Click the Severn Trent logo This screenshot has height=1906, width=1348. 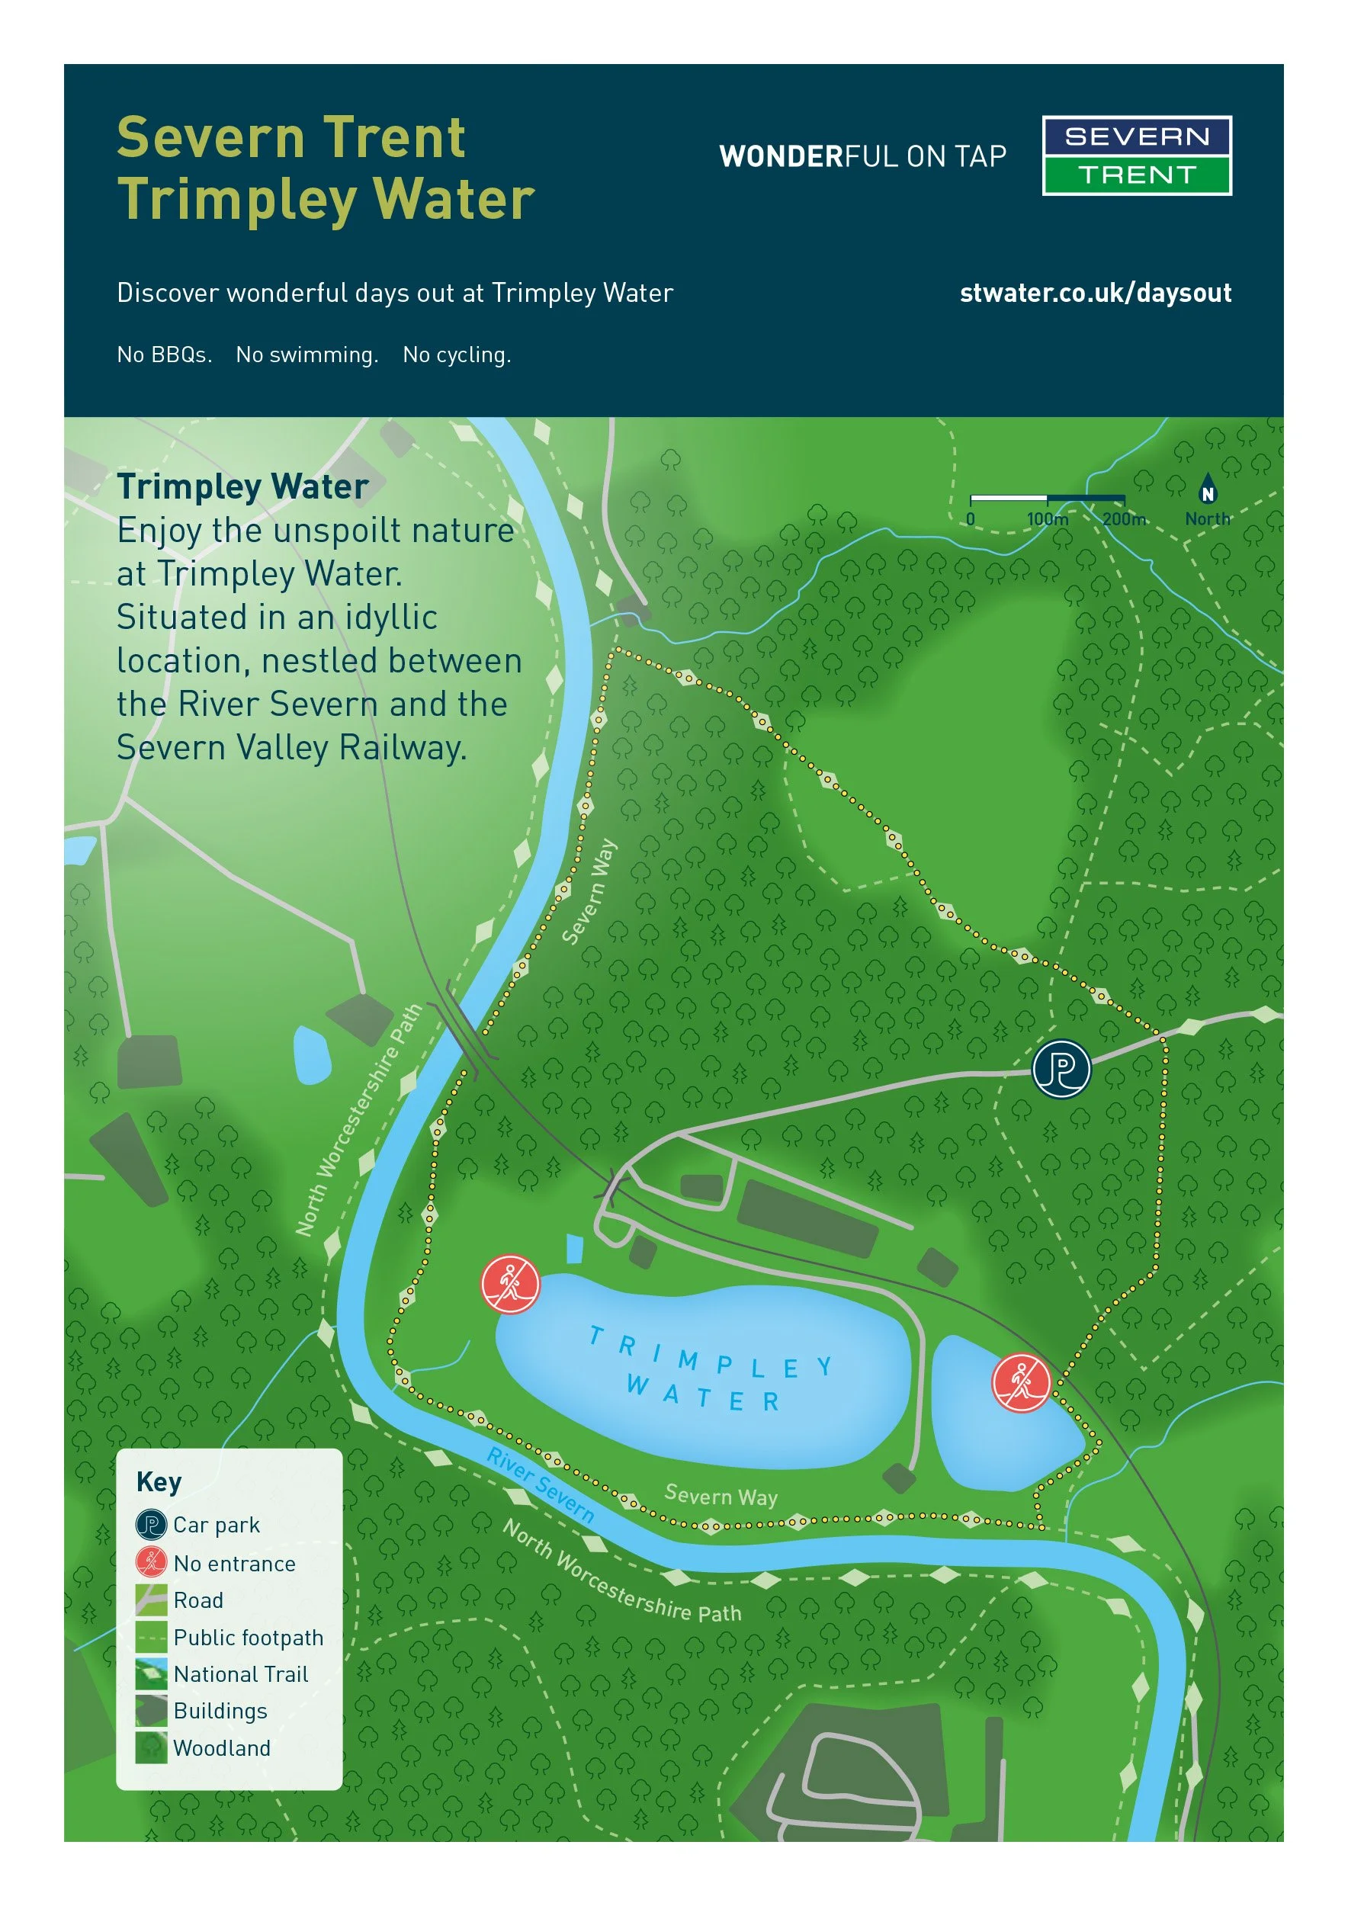tap(1136, 156)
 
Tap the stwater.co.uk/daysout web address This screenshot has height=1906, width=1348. tap(1095, 293)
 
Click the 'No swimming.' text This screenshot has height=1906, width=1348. tap(307, 355)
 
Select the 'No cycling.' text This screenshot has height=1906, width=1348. tap(457, 355)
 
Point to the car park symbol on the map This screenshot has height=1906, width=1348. tap(1061, 1069)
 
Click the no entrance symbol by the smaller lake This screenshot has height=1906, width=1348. tap(1021, 1382)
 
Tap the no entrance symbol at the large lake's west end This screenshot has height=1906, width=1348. tap(511, 1283)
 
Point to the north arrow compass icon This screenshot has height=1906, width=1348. tap(1208, 489)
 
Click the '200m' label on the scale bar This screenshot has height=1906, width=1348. tap(1124, 520)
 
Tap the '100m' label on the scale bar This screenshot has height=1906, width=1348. tap(1048, 520)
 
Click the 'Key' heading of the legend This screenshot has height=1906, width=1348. tap(159, 1483)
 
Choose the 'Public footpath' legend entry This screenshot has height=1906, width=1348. tap(247, 1638)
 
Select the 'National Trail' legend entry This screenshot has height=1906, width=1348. tap(241, 1674)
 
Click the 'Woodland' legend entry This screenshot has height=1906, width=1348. tap(222, 1748)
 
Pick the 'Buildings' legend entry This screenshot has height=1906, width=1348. tap(220, 1712)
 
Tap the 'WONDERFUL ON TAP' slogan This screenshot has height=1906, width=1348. tap(862, 156)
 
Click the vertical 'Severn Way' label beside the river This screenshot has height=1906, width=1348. tap(589, 890)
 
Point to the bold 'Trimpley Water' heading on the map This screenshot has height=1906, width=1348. tap(242, 486)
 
